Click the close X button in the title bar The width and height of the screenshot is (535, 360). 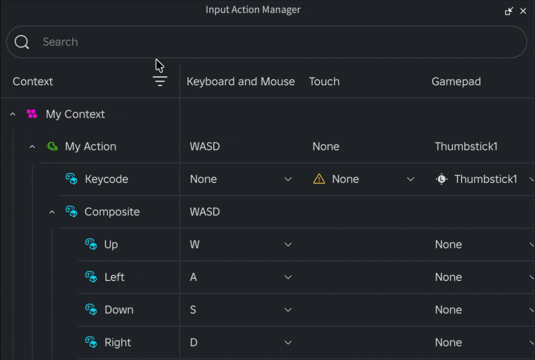523,11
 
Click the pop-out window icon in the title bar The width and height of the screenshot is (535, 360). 509,11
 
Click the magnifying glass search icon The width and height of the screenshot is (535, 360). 22,42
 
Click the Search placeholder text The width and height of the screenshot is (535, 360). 61,42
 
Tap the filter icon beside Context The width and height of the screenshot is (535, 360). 160,81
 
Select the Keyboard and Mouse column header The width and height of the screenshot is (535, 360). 241,81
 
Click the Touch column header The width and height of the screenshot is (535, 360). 324,81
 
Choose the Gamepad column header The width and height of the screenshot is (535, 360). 456,82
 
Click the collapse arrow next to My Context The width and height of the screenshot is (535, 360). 13,114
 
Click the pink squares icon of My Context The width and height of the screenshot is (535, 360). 32,114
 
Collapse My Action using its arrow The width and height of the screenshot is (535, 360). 32,147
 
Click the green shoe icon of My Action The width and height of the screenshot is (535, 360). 52,146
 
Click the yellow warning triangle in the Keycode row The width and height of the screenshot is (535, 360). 319,179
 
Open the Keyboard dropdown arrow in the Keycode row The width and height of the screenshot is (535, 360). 288,179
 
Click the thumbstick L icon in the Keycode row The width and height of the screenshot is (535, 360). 442,179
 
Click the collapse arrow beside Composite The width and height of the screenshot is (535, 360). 52,212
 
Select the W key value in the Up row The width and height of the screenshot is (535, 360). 195,244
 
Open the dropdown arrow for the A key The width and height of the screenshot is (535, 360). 288,277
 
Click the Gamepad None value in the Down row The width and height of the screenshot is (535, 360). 448,310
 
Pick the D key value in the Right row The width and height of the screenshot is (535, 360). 194,342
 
